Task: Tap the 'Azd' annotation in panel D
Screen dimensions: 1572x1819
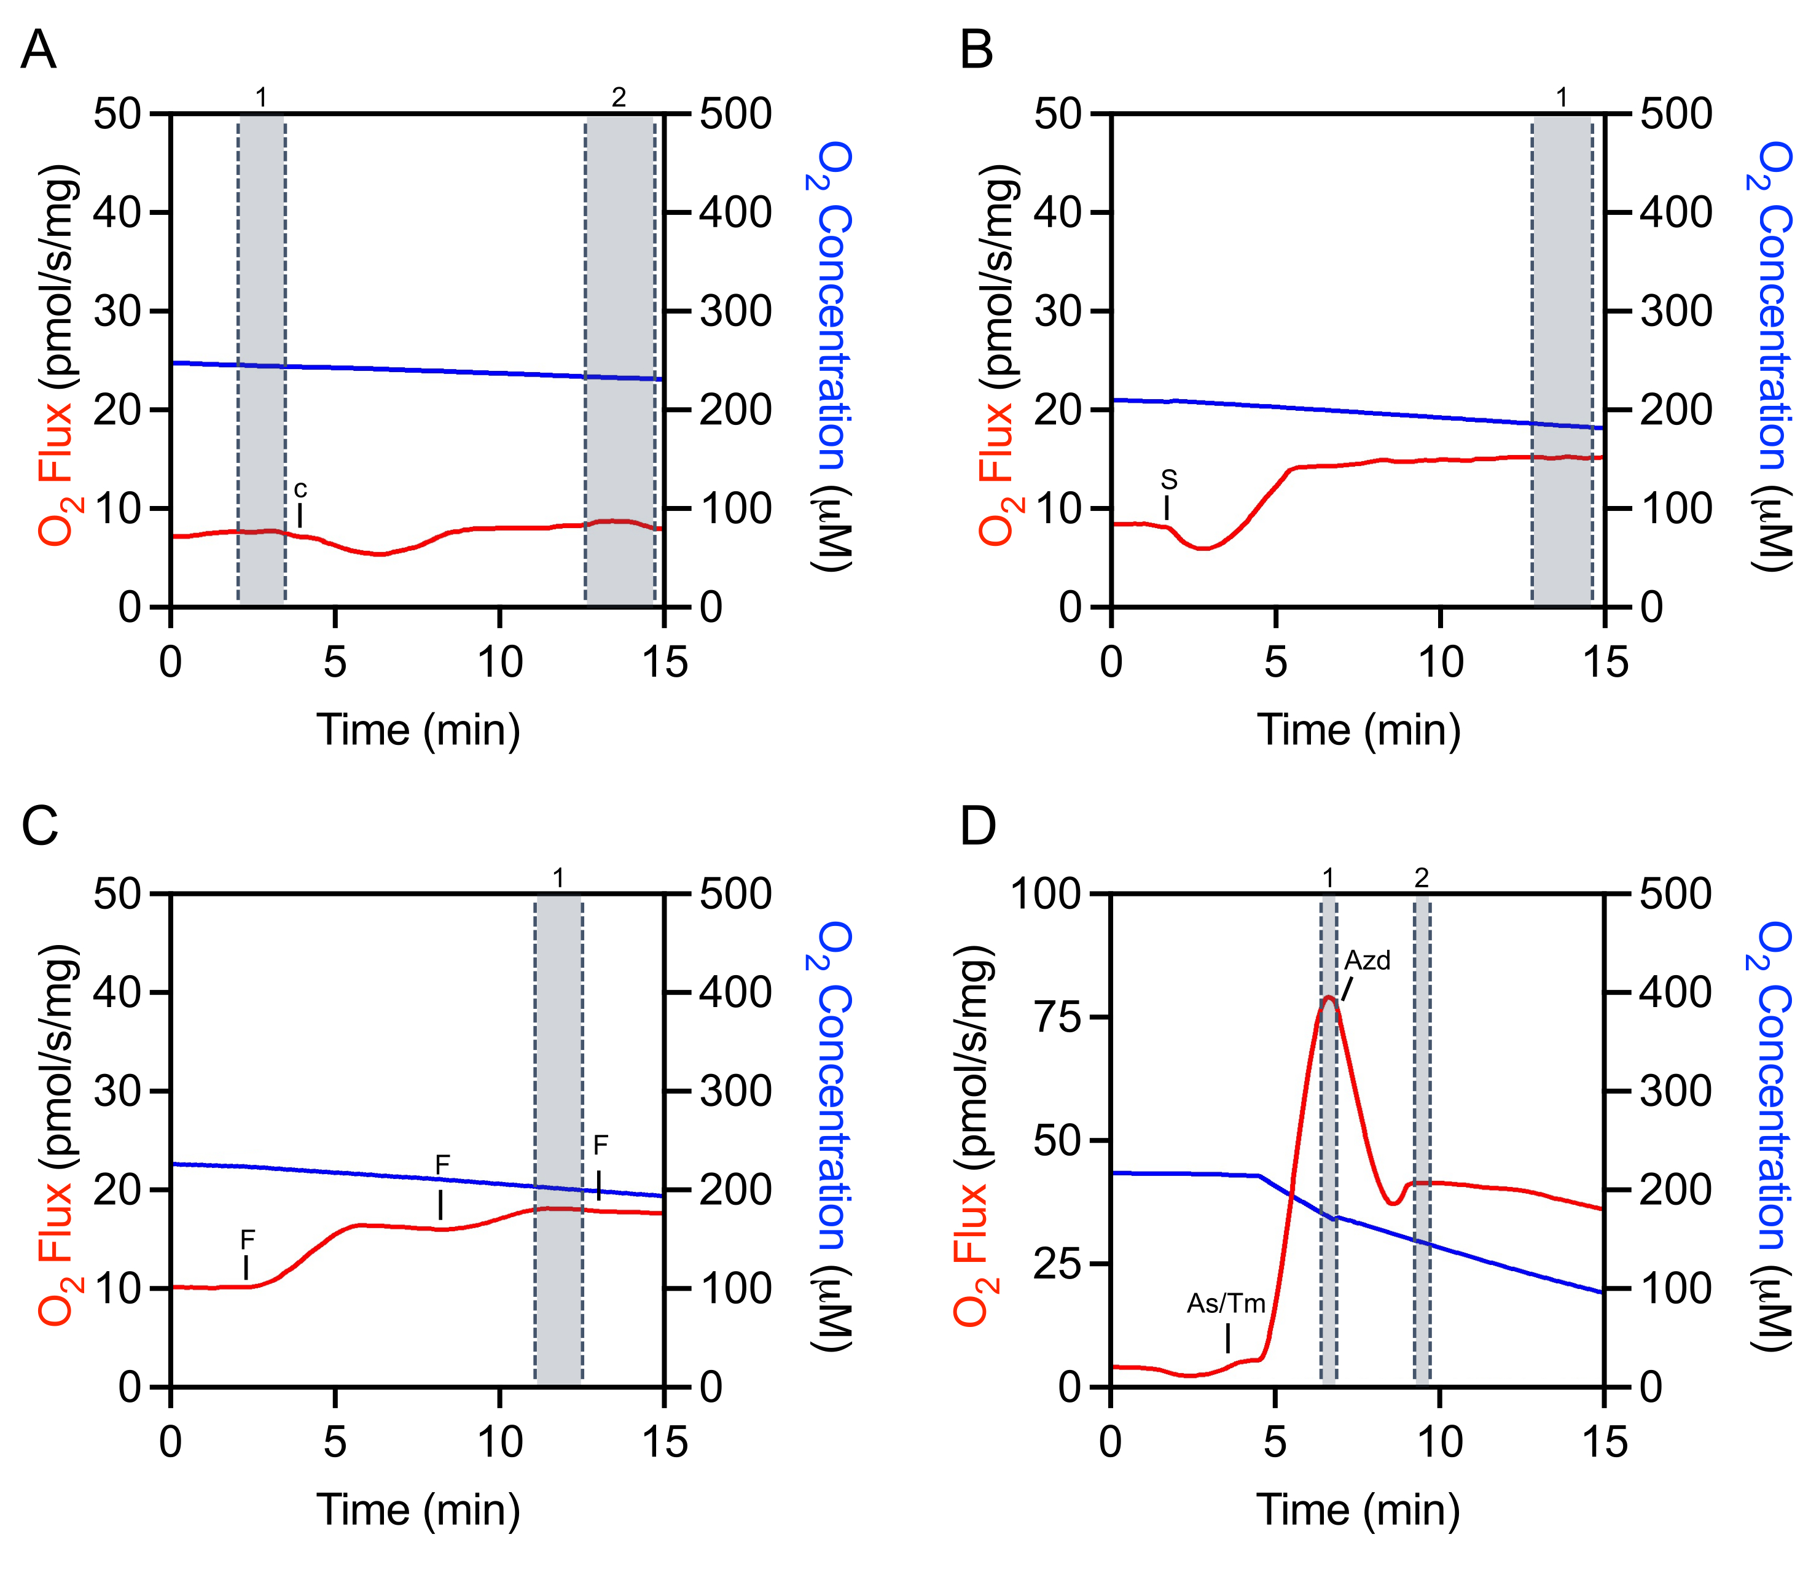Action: click(1367, 961)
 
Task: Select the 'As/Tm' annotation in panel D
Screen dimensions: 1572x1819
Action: click(1226, 1304)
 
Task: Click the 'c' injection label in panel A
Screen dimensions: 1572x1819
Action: click(300, 489)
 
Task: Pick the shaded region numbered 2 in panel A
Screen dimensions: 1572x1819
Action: click(620, 360)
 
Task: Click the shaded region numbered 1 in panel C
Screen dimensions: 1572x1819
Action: click(558, 1141)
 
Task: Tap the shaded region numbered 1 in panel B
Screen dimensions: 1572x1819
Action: click(1562, 360)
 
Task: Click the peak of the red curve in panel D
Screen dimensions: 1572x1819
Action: click(1328, 997)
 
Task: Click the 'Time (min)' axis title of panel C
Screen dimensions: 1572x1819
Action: click(418, 1510)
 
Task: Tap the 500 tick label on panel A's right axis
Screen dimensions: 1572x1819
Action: click(736, 114)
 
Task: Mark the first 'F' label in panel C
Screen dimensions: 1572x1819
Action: click(248, 1240)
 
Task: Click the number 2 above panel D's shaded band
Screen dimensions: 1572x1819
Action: click(1422, 877)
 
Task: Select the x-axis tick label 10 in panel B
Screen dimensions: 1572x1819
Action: click(1440, 663)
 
